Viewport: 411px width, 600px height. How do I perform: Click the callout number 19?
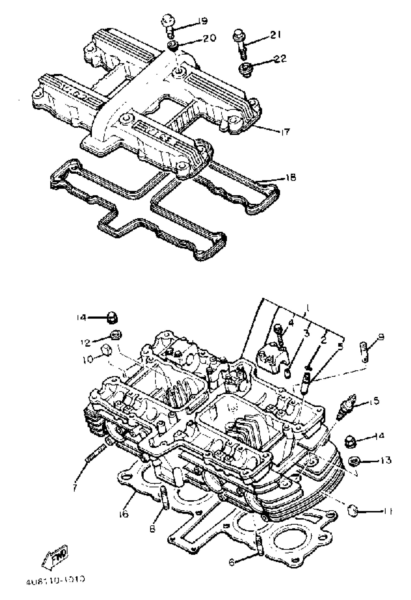click(203, 21)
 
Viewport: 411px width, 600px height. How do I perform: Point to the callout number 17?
click(285, 132)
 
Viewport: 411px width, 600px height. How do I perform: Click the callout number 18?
click(291, 177)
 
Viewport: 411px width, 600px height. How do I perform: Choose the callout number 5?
click(340, 347)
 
